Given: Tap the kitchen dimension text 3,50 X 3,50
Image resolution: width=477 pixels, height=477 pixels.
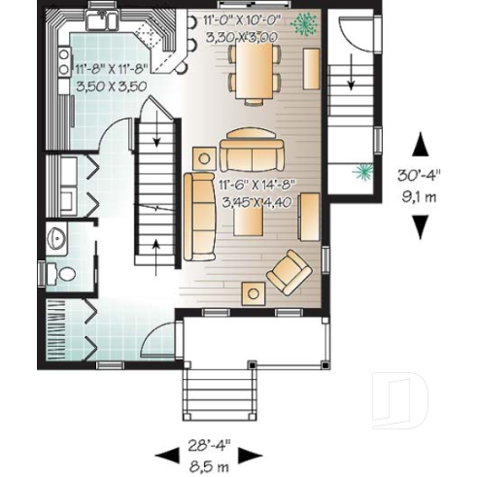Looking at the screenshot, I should coord(109,85).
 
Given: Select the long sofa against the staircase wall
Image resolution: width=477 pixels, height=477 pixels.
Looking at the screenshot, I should coord(200,216).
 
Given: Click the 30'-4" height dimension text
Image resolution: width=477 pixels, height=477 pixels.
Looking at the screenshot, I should coord(420,176).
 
